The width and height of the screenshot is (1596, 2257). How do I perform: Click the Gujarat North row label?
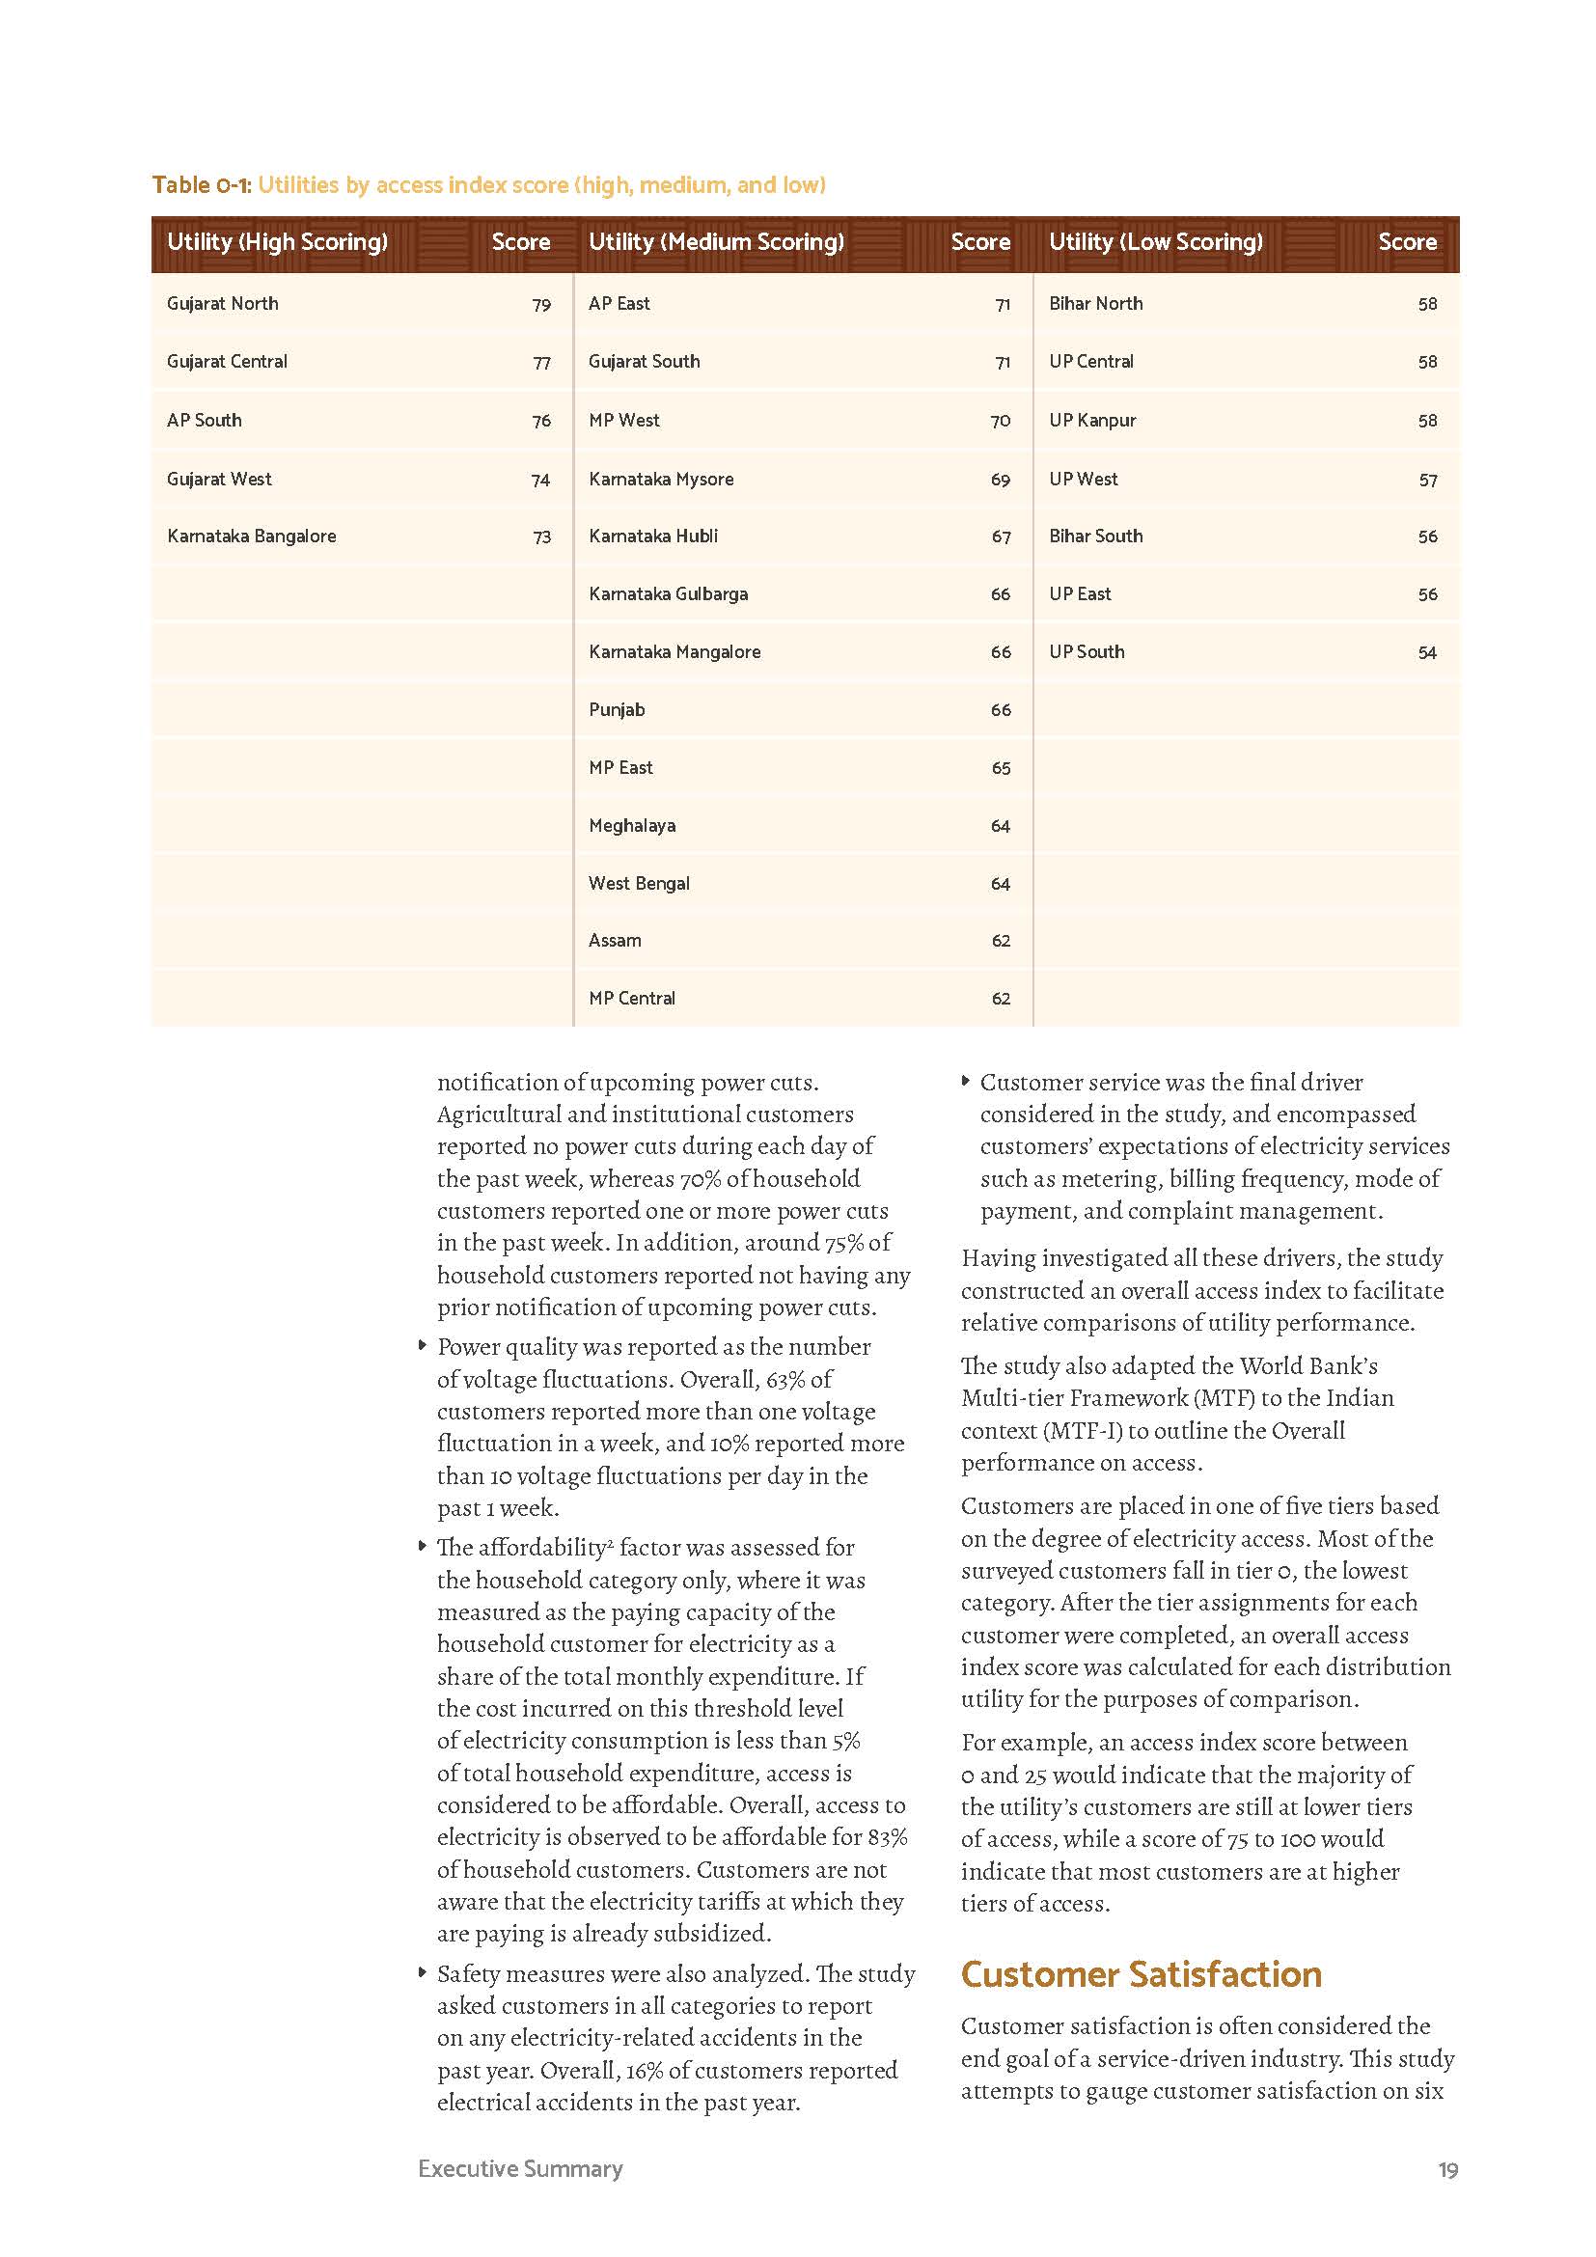click(x=222, y=304)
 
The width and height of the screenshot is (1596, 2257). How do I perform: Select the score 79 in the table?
click(x=540, y=305)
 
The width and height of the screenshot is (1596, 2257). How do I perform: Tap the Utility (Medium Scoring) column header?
click(x=715, y=242)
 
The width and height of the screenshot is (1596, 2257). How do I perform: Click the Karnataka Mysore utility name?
click(x=660, y=480)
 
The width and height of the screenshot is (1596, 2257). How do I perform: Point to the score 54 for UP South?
click(x=1427, y=652)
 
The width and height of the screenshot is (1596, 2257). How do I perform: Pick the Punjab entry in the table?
click(x=617, y=710)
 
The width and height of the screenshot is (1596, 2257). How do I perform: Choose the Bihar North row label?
click(x=1095, y=304)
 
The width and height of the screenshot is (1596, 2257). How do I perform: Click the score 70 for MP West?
click(x=1000, y=421)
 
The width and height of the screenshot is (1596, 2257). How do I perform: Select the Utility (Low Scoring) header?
click(x=1155, y=242)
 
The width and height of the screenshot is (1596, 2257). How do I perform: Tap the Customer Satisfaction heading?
click(x=1140, y=1974)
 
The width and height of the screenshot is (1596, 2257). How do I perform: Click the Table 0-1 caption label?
click(x=202, y=185)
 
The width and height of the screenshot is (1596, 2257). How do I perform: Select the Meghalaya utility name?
click(x=632, y=826)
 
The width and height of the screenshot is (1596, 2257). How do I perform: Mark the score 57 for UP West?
click(x=1427, y=480)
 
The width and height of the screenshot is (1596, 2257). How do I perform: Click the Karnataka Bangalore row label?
click(x=252, y=537)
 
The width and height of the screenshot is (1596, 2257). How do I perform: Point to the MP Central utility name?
click(x=632, y=999)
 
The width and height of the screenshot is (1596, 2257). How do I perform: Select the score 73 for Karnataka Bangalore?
click(x=540, y=537)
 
